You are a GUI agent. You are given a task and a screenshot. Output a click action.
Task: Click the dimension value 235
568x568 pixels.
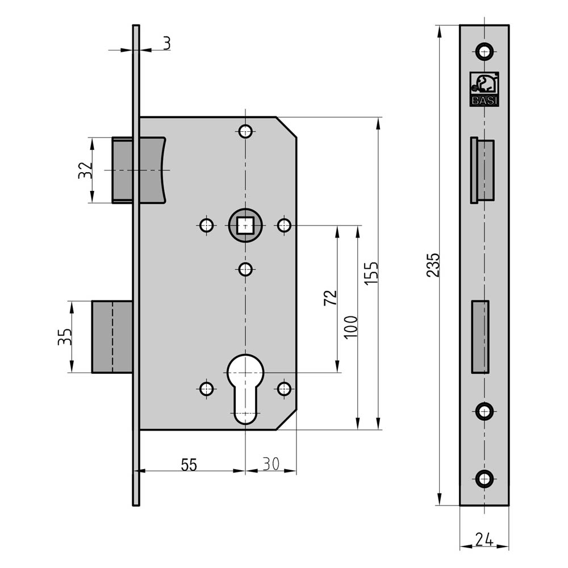point(433,265)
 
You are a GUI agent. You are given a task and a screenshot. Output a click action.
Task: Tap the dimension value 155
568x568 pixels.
point(371,273)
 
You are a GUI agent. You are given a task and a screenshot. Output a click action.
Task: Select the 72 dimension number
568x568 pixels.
point(331,298)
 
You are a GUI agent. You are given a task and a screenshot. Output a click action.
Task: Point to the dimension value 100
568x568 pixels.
point(350,327)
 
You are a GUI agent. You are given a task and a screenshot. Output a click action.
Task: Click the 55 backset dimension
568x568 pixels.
point(189,465)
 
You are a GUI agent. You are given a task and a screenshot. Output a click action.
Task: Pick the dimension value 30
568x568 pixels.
point(271,463)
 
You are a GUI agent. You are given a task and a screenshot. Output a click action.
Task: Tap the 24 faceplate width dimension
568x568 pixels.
point(485,540)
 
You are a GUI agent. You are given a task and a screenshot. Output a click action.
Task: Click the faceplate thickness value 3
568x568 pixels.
point(166,44)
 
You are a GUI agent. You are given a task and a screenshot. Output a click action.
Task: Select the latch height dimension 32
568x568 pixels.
point(86,170)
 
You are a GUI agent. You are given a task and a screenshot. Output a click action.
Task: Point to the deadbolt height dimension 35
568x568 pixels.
point(65,336)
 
